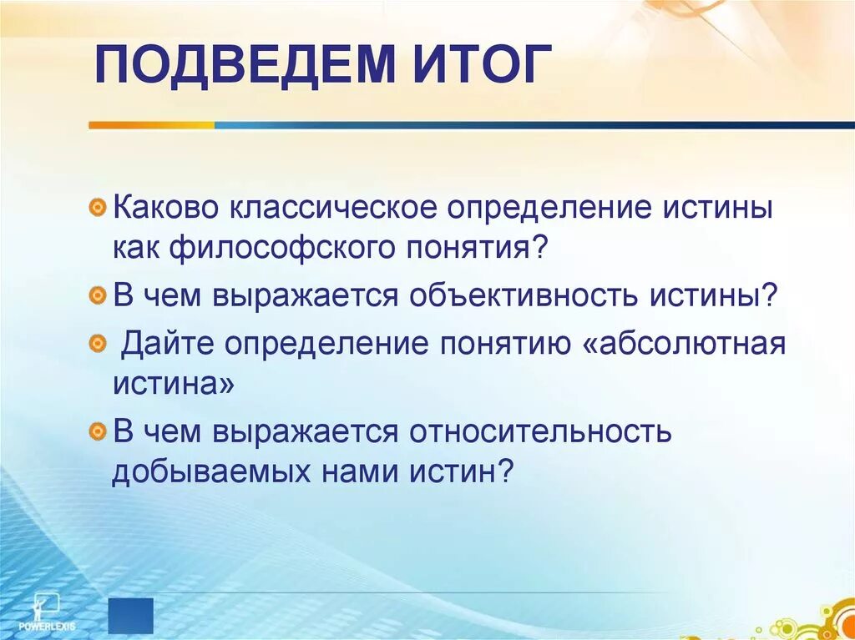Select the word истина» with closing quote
pyautogui.click(x=169, y=385)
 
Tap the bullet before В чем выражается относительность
pyautogui.click(x=98, y=431)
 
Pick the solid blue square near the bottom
pyautogui.click(x=131, y=615)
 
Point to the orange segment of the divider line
pyautogui.click(x=150, y=125)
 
